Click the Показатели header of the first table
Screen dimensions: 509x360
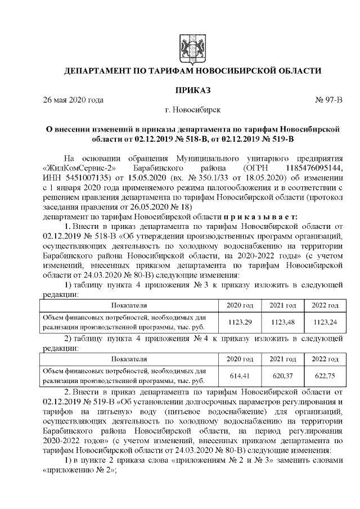coord(128,305)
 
